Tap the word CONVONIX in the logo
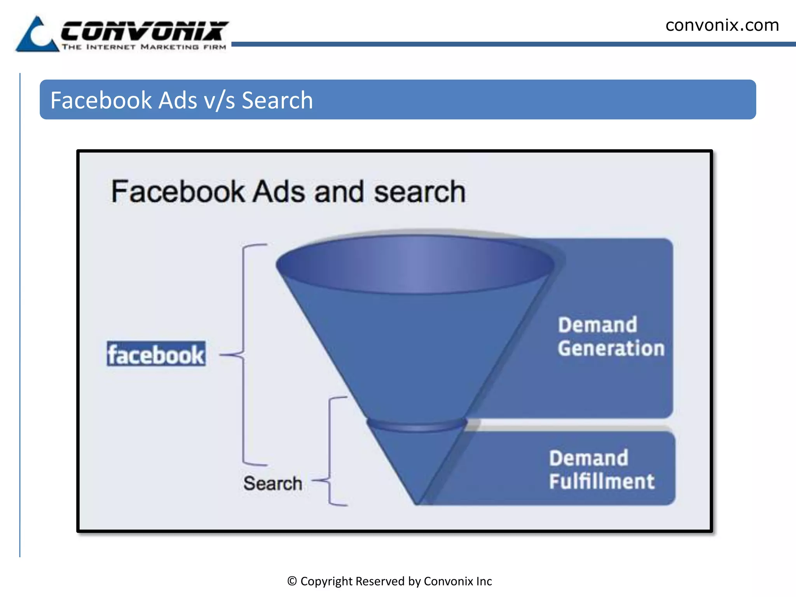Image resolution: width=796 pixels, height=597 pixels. point(144,31)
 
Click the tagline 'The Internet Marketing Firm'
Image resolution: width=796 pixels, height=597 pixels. point(144,47)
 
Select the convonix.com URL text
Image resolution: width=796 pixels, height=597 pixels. point(722,26)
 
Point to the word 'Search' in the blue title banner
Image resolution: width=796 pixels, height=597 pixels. point(277,100)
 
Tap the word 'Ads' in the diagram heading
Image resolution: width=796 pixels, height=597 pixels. point(279,192)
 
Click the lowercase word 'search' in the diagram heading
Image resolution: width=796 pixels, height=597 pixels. point(419,192)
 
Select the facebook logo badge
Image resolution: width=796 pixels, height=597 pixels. point(156,354)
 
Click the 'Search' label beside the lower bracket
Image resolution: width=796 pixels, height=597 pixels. point(272,484)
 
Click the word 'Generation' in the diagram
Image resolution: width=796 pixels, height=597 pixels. point(611,348)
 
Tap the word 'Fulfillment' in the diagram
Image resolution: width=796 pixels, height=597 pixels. point(602,481)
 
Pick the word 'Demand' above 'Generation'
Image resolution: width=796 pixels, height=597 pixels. point(597,325)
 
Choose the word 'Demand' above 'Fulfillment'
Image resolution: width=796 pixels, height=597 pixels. point(588,458)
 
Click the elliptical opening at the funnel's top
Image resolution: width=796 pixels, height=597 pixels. point(415,264)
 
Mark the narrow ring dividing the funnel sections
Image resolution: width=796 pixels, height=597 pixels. point(416,425)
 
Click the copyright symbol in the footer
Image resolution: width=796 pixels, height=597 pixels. point(292,581)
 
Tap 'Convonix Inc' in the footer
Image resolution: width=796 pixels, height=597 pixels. point(457,581)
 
